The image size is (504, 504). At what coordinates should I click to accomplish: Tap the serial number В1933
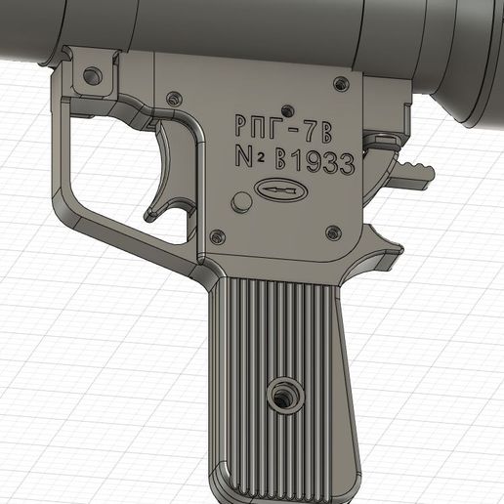tap(314, 161)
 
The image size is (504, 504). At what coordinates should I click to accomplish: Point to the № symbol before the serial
tap(249, 158)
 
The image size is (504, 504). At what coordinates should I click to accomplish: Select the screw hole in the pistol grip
tap(284, 396)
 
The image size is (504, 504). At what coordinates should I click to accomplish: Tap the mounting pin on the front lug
tap(92, 74)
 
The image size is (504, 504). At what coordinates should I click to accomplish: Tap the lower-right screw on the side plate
tap(332, 232)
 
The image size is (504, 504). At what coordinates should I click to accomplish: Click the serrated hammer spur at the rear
tap(414, 174)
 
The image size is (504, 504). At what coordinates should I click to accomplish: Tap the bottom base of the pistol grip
tap(283, 488)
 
